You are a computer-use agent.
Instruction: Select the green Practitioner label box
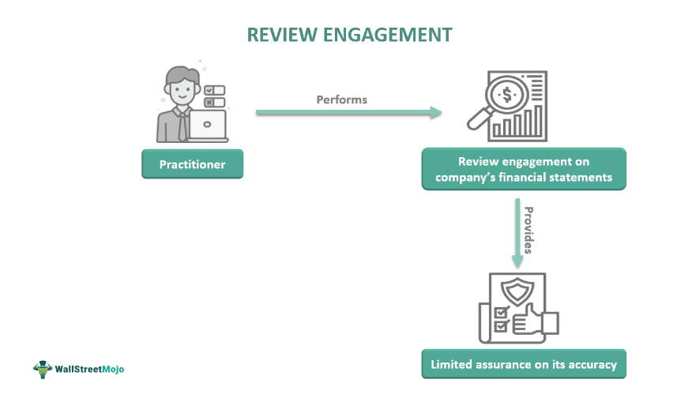(x=192, y=164)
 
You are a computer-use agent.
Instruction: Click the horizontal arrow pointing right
(x=348, y=113)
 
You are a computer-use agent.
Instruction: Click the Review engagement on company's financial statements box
(x=524, y=169)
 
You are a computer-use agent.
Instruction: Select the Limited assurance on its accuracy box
(x=524, y=365)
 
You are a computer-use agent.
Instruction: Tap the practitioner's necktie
(x=182, y=126)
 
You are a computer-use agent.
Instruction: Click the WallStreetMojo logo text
(x=89, y=369)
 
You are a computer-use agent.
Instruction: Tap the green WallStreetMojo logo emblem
(x=42, y=368)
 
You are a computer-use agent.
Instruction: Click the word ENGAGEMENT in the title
(x=387, y=35)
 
